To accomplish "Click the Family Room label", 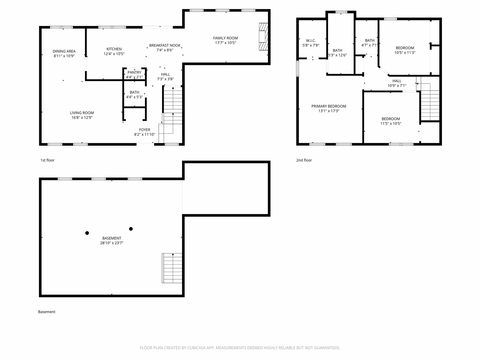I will pyautogui.click(x=225, y=38).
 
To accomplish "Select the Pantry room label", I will pyautogui.click(x=134, y=72).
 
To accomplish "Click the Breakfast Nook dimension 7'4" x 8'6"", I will pyautogui.click(x=165, y=50).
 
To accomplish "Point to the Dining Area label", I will pyautogui.click(x=64, y=51).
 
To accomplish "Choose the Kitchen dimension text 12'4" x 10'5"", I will pyautogui.click(x=114, y=54).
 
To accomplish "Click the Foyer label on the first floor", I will pyautogui.click(x=144, y=130).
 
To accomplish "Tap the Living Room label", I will pyautogui.click(x=82, y=113).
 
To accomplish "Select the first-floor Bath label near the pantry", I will pyautogui.click(x=134, y=92).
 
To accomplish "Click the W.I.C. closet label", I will pyautogui.click(x=311, y=40).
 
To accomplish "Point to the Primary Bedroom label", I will pyautogui.click(x=329, y=106).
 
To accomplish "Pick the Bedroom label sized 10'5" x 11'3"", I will pyautogui.click(x=405, y=48).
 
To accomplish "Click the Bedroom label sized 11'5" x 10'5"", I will pyautogui.click(x=391, y=119).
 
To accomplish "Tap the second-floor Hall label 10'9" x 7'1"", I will pyautogui.click(x=397, y=81).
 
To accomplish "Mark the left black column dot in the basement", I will pyautogui.click(x=87, y=233).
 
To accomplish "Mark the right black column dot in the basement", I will pyautogui.click(x=131, y=229).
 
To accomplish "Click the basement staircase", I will pyautogui.click(x=172, y=268).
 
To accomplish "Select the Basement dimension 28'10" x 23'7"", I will pyautogui.click(x=112, y=243).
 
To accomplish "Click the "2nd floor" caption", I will pyautogui.click(x=304, y=160).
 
